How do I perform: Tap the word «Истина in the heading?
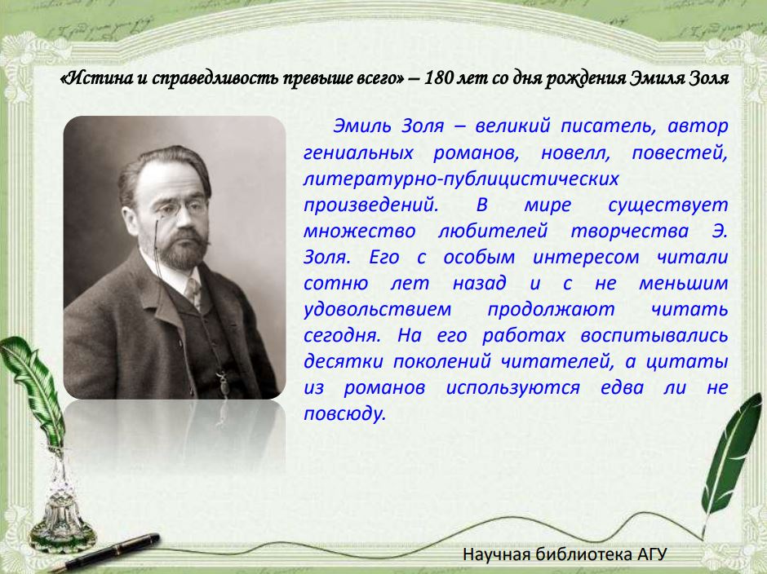click(x=97, y=78)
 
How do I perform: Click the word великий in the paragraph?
click(x=512, y=126)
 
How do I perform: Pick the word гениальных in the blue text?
click(x=358, y=152)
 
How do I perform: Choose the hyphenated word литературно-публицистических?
click(x=461, y=179)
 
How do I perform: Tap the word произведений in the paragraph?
click(x=370, y=205)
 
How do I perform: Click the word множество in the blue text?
click(x=359, y=232)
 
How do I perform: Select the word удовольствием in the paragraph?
click(x=377, y=310)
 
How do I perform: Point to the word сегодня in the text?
click(x=342, y=336)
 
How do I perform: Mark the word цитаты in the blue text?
click(x=687, y=362)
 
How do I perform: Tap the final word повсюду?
click(x=345, y=414)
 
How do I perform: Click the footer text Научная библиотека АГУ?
click(x=565, y=554)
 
